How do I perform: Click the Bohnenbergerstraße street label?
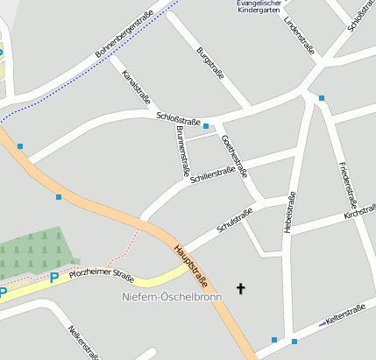125,34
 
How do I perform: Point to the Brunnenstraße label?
182,146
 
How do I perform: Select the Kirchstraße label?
359,213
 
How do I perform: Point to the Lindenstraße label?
300,34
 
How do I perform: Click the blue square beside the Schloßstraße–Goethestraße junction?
206,127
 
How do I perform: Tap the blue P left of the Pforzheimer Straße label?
53,278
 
